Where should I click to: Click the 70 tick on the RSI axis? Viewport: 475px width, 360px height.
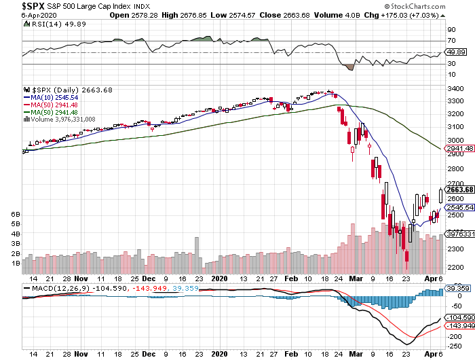[450, 41]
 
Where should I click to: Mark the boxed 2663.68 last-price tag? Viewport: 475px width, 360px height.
[457, 189]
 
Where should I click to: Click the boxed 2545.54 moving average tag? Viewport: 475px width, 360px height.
[457, 207]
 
